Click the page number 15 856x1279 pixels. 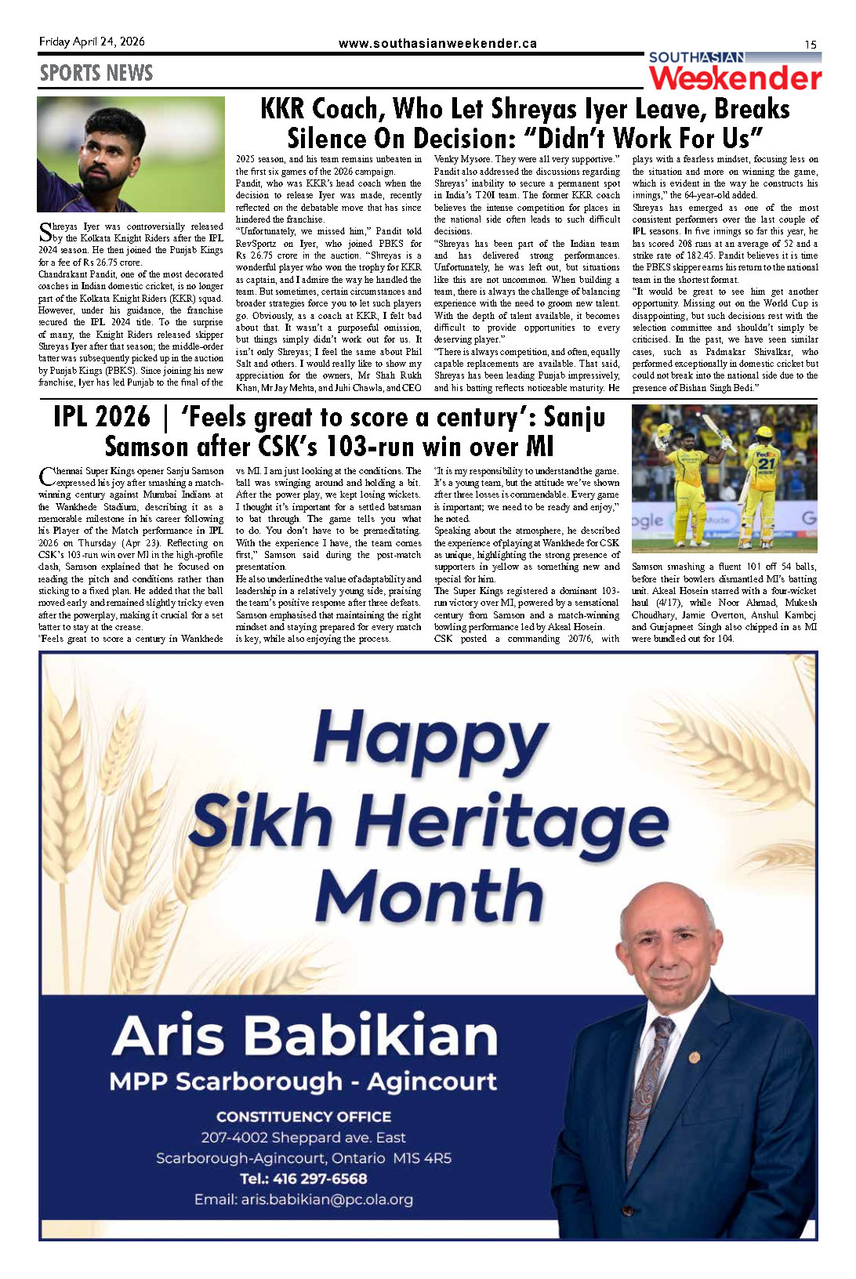click(x=811, y=45)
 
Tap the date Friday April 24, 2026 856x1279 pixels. click(x=92, y=42)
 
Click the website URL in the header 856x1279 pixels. click(x=437, y=44)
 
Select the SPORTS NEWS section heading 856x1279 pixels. click(x=96, y=73)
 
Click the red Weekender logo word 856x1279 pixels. click(x=735, y=78)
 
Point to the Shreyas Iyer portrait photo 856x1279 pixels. click(x=131, y=154)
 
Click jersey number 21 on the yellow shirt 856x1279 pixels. click(x=766, y=463)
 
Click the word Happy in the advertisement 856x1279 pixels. click(x=430, y=739)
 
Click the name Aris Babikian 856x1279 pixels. click(x=305, y=1035)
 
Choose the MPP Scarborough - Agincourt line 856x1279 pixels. click(x=303, y=1082)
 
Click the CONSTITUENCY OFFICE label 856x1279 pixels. click(x=303, y=1117)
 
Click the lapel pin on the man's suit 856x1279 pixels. click(x=694, y=1057)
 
